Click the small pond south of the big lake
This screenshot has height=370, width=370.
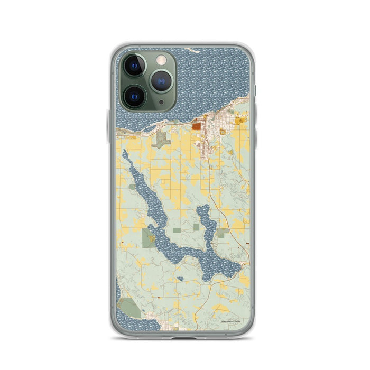pyautogui.click(x=180, y=279)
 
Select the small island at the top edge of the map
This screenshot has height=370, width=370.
pyautogui.click(x=192, y=51)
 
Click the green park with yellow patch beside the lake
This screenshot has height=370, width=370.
pyautogui.click(x=149, y=238)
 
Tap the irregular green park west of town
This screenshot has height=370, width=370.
pyautogui.click(x=161, y=140)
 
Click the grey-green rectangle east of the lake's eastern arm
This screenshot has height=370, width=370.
pyautogui.click(x=223, y=232)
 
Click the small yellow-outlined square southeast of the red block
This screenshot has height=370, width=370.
pyautogui.click(x=223, y=131)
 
